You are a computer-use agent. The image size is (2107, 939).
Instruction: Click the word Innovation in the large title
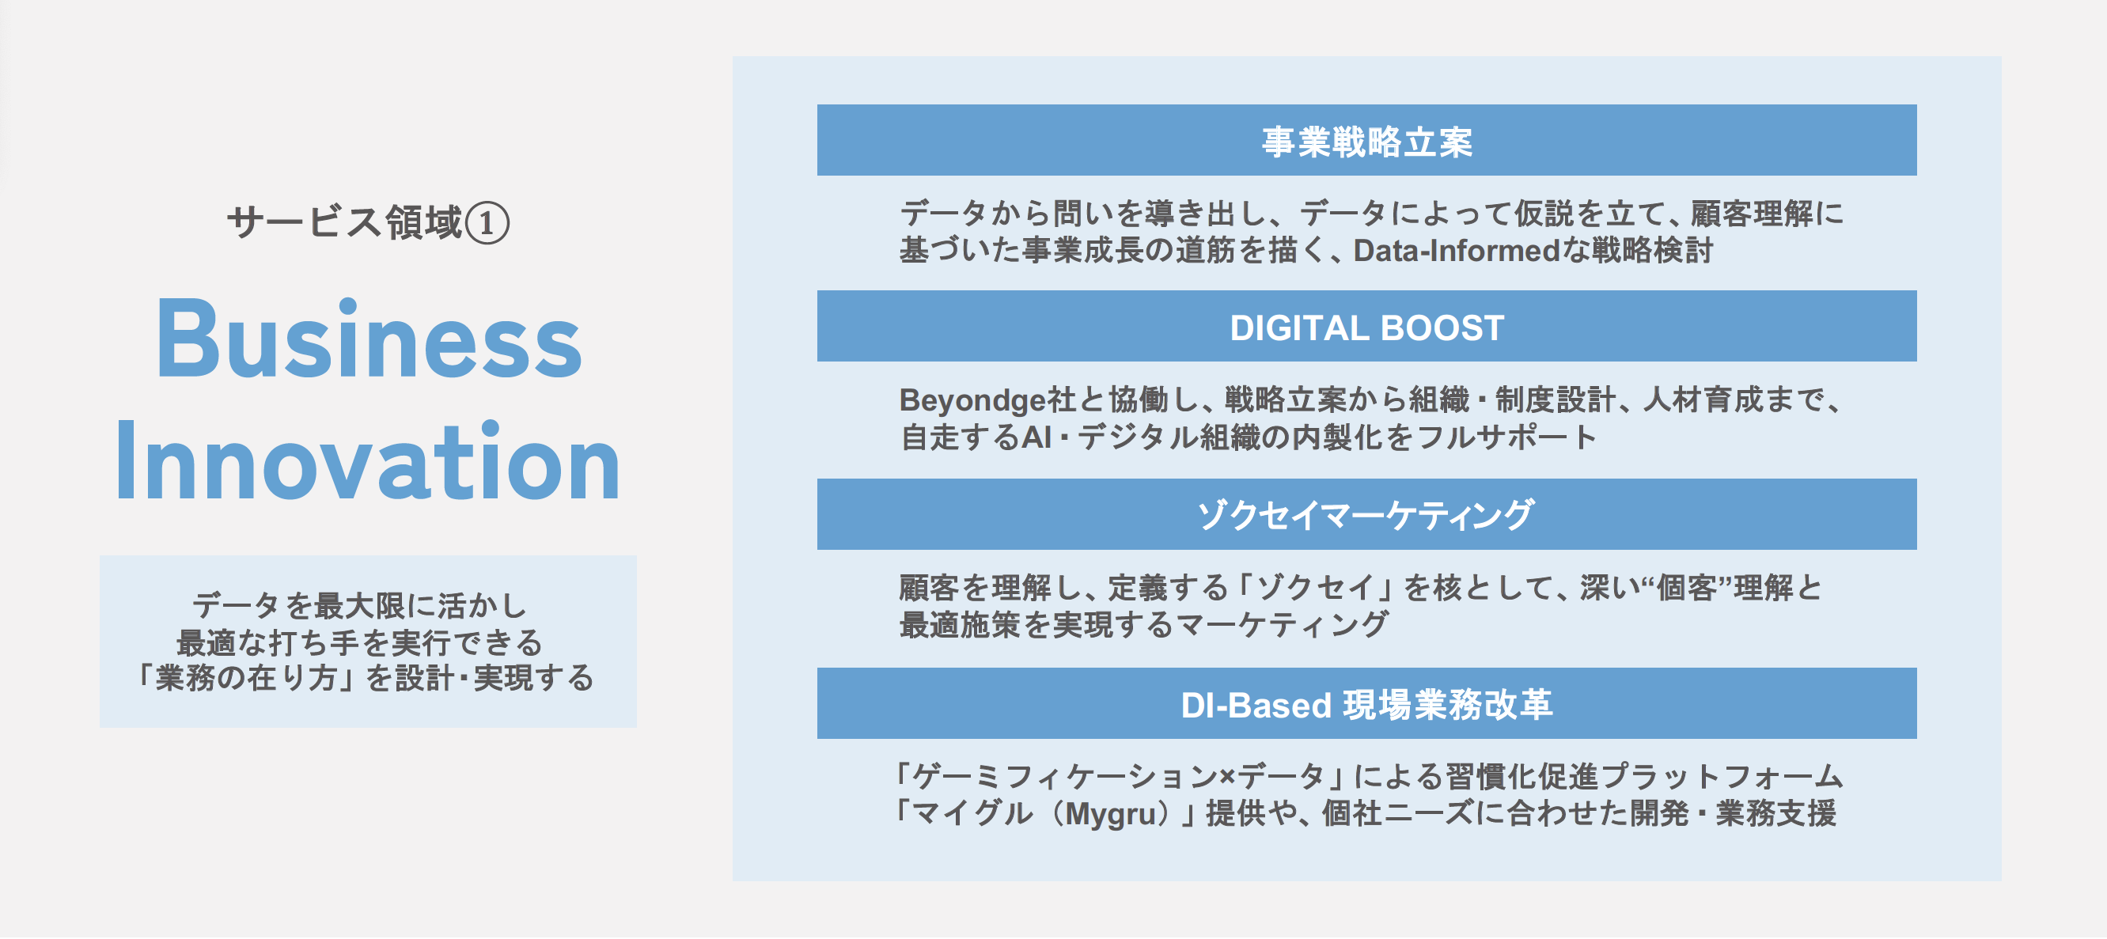[368, 462]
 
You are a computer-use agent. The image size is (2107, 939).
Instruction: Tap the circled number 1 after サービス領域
[487, 223]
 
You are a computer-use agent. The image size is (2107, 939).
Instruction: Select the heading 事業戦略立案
[1366, 142]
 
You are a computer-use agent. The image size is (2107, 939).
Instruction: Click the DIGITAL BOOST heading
[1366, 328]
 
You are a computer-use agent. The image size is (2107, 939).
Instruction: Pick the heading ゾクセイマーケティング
[1366, 515]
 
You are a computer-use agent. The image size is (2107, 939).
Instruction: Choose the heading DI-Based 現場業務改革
[1366, 705]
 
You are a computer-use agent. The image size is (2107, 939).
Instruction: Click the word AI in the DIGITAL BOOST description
[1036, 437]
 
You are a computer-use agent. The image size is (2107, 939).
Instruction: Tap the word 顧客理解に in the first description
[1767, 214]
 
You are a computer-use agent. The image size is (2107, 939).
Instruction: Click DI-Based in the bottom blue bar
[1256, 705]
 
